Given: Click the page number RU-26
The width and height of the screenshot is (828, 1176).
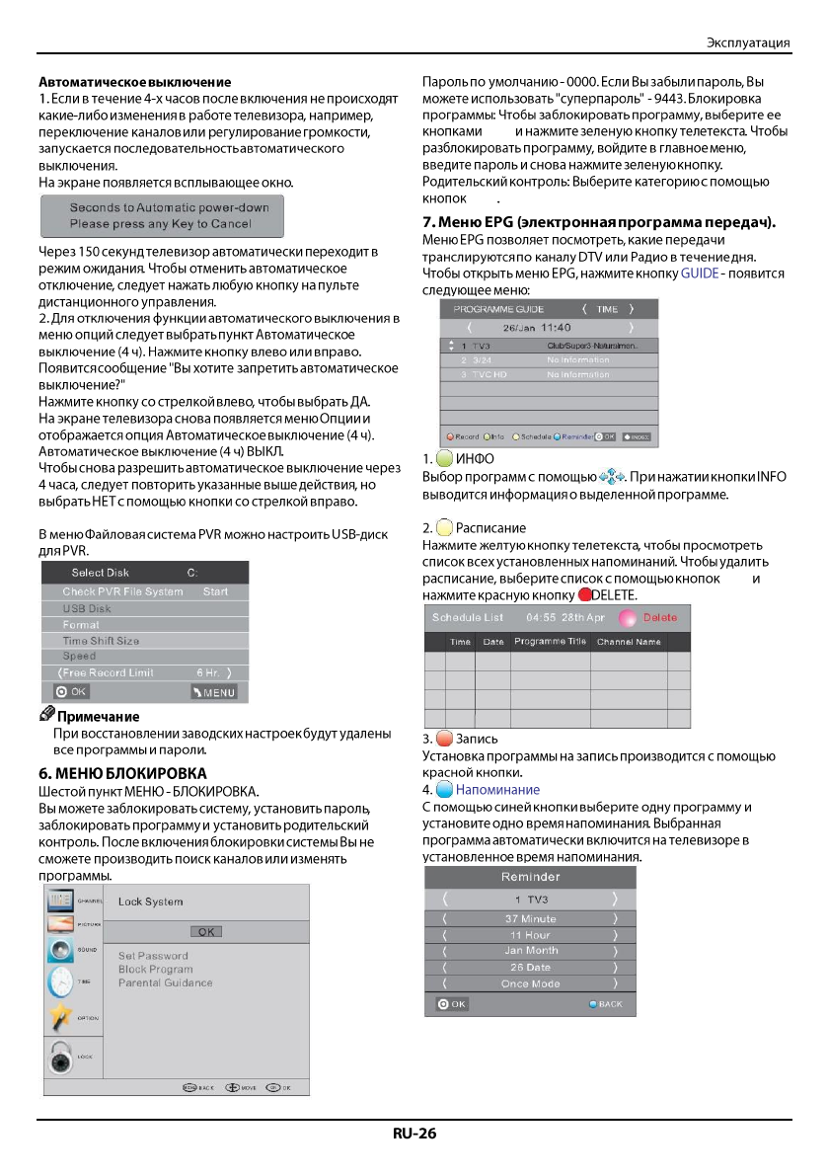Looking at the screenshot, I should click(x=414, y=1134).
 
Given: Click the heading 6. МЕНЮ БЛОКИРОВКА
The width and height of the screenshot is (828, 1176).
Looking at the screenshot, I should click(x=121, y=772).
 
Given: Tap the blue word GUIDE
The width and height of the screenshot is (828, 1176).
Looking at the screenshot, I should click(x=699, y=273).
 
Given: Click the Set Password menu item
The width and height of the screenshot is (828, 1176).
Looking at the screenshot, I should click(x=153, y=956).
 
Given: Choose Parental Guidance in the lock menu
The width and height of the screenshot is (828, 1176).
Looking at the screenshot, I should click(x=165, y=982).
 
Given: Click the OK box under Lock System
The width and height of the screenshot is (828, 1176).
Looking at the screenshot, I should click(x=205, y=931).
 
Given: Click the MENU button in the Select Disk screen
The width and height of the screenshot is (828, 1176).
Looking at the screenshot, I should click(x=214, y=692).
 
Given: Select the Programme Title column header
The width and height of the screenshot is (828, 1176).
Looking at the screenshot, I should click(x=550, y=642).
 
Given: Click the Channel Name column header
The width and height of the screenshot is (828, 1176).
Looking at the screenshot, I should click(x=629, y=642).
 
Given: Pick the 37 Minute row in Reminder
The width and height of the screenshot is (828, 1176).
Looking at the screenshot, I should click(x=531, y=919).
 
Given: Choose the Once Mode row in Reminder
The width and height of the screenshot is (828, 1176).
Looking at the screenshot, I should click(x=531, y=983).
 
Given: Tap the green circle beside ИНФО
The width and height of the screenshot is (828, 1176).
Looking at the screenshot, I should click(x=444, y=459).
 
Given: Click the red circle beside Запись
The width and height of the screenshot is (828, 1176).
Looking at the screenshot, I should click(x=444, y=740).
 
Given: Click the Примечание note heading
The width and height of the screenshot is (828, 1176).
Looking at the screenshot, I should click(x=98, y=717).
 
